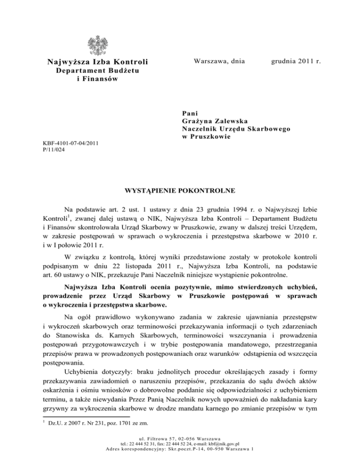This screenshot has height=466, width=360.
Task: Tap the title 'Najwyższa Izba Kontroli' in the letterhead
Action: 97,62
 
